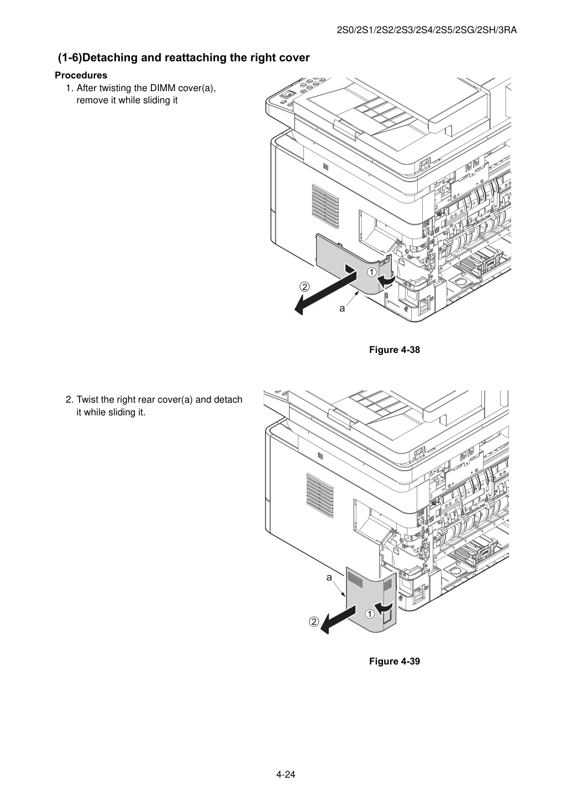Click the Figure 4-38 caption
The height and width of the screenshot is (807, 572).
[x=394, y=350]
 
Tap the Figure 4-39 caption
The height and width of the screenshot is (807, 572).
[x=394, y=661]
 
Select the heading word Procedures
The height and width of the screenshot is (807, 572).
[x=81, y=75]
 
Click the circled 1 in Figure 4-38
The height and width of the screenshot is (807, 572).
[x=371, y=272]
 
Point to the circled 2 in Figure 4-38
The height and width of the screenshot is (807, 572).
[x=305, y=287]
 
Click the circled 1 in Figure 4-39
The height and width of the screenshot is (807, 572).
[x=370, y=614]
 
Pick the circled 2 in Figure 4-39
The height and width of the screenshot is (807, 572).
[x=314, y=621]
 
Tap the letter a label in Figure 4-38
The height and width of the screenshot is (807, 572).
[x=342, y=309]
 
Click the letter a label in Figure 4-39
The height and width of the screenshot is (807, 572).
[x=329, y=578]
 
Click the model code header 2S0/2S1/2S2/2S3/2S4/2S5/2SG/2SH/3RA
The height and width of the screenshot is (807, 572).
[x=427, y=30]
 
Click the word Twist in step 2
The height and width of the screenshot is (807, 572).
[x=86, y=400]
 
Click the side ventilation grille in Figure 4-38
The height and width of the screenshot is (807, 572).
[x=325, y=207]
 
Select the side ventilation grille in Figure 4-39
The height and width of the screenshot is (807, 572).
[x=319, y=495]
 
